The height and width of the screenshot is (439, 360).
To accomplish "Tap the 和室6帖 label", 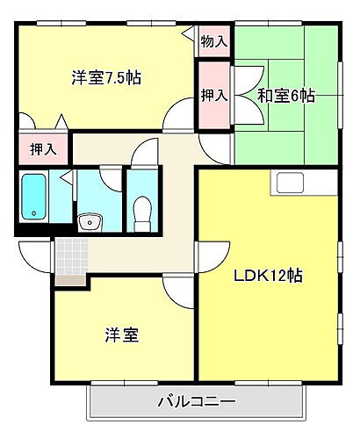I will [x=285, y=95].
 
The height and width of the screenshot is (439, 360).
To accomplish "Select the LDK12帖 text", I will [x=268, y=275].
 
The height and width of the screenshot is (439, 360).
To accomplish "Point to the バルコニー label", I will [x=196, y=403].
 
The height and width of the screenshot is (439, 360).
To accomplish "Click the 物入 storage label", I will [x=213, y=41].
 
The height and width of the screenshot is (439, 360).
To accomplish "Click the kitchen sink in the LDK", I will [x=291, y=183].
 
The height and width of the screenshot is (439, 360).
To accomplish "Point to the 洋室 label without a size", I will [x=119, y=335].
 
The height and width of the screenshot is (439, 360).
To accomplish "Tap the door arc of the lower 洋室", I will [x=176, y=291].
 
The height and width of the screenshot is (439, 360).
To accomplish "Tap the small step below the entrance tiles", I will [x=71, y=281].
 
